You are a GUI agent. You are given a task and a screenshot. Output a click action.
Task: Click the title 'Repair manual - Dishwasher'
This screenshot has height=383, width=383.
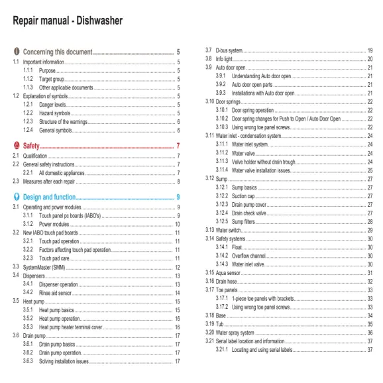tap(67, 21)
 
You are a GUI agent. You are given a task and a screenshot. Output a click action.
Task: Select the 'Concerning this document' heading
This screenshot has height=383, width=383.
tap(57, 52)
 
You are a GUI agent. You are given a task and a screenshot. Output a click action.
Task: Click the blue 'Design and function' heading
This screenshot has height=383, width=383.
tap(49, 197)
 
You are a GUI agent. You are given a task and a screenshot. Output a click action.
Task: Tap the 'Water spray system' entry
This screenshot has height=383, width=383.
tap(235, 333)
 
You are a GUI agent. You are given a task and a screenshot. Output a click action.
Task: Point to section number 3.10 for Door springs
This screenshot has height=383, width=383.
tap(209, 101)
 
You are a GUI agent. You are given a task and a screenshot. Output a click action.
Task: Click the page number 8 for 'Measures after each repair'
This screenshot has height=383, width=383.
tap(178, 181)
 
